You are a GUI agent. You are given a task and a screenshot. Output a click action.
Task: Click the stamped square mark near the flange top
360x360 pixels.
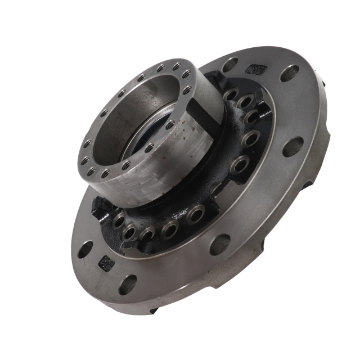(x=256, y=70)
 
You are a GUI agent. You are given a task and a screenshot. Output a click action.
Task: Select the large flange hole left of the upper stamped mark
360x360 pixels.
(x=229, y=65)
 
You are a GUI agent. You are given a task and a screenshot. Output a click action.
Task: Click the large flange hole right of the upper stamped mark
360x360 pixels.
(x=290, y=74)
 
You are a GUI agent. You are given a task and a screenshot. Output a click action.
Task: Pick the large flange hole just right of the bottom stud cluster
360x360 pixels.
(x=220, y=244)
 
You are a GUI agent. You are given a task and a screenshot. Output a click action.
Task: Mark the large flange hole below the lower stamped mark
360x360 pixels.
(x=128, y=284)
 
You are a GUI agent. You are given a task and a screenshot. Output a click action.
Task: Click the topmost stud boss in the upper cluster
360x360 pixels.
(x=230, y=95)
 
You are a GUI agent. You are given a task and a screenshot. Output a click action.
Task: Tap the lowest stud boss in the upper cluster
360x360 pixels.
(x=240, y=165)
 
